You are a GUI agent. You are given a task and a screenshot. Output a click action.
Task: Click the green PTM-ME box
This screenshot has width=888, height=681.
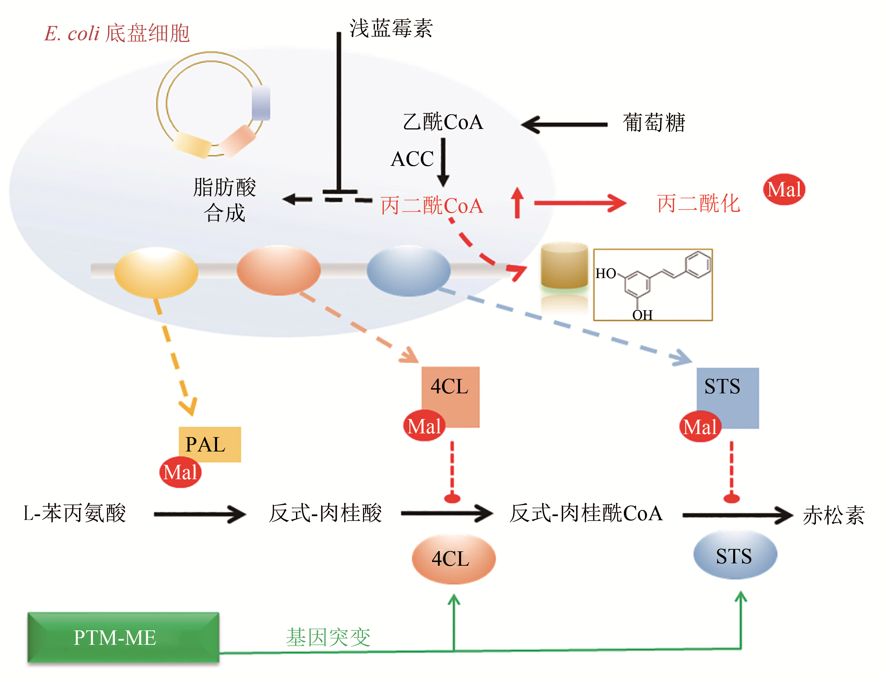point(123,637)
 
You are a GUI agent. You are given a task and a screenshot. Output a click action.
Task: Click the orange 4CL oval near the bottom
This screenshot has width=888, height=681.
point(453,559)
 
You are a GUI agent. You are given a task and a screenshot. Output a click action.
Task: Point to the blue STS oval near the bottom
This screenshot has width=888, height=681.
point(735,555)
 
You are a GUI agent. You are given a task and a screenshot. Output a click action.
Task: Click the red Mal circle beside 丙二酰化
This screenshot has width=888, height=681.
point(783,189)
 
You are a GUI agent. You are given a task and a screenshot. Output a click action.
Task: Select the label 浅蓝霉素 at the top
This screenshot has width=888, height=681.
point(391,28)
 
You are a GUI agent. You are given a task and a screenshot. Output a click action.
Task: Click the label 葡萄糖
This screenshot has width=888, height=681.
point(654,122)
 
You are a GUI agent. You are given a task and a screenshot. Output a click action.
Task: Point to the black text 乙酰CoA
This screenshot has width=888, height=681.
point(443,122)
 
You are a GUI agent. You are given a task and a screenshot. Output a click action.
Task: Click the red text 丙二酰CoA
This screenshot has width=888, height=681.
point(432,205)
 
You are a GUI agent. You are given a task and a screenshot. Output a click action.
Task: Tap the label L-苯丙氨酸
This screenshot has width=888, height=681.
point(75,513)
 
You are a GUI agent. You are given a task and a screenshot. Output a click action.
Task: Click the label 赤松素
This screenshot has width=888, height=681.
point(834,515)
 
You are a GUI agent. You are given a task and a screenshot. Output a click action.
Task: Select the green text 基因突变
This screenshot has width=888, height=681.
point(328,637)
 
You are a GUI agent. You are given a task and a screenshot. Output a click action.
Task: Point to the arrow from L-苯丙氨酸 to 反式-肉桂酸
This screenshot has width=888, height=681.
point(200,514)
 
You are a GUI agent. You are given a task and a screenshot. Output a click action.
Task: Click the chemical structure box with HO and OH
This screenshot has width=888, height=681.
point(652,285)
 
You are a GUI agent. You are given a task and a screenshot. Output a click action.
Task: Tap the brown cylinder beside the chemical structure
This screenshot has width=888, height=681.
point(564,265)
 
